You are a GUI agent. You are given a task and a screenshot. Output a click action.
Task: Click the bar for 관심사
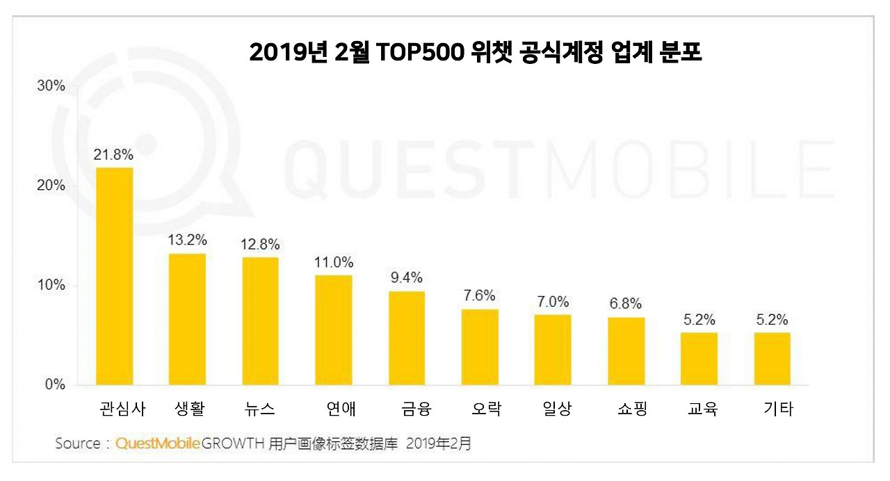pos(114,276)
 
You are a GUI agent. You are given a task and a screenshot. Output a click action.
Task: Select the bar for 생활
pos(187,319)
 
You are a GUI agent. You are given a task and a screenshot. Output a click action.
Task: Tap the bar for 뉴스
pos(260,320)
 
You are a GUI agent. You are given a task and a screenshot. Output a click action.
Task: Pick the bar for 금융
pos(407,338)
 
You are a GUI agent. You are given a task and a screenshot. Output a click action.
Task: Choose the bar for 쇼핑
pos(626,351)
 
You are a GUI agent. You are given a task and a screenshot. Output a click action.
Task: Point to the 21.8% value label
pos(114,154)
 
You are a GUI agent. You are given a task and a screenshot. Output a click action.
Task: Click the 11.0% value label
pos(334,263)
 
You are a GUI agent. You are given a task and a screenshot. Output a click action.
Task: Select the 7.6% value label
pos(480,295)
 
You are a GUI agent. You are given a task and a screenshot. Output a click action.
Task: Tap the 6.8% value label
pos(626,304)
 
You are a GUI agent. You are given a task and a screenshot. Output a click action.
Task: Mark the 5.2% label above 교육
pos(699,320)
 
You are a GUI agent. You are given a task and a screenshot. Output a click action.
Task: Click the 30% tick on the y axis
pos(50,86)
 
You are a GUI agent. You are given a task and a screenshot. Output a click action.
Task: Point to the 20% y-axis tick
pos(50,186)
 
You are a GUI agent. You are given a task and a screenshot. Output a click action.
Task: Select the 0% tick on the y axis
pos(54,384)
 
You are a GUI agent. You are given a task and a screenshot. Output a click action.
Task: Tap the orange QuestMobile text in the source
pos(159,443)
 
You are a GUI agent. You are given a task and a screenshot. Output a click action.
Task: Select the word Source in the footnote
pos(78,443)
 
